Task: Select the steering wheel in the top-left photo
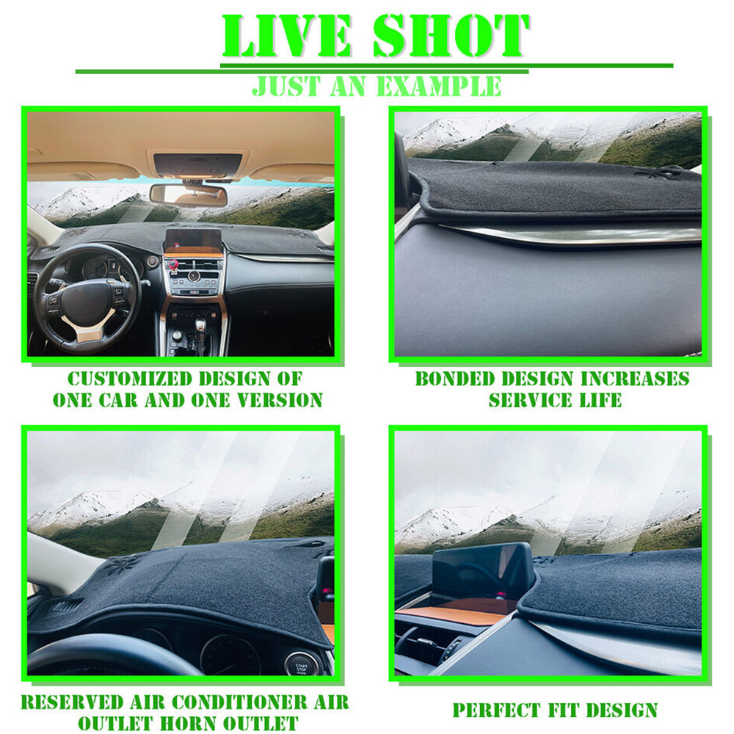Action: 87,298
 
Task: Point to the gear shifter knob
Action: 200,324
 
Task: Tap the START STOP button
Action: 300,667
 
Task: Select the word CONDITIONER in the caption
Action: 240,702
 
